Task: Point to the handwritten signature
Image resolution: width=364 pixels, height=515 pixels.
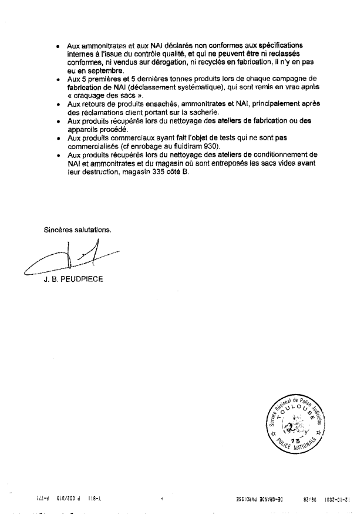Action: click(70, 258)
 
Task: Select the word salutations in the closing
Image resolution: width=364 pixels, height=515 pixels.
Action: click(93, 230)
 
